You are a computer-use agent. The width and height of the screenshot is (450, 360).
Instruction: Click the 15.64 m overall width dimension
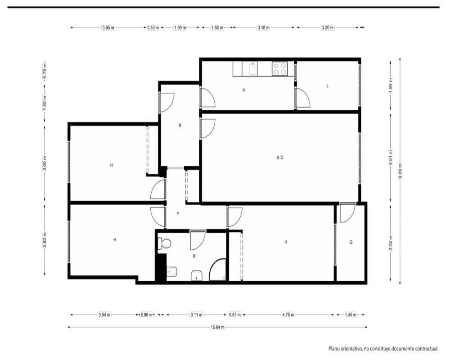pyautogui.click(x=217, y=327)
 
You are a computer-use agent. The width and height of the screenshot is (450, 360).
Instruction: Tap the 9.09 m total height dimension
pyautogui.click(x=400, y=171)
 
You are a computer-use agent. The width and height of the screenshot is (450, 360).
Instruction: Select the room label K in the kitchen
pyautogui.click(x=244, y=90)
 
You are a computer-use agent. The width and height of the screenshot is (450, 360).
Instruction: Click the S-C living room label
pyautogui.click(x=280, y=157)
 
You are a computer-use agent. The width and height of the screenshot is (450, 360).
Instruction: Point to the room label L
pyautogui.click(x=328, y=85)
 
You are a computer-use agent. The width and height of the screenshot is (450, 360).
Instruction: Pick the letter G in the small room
pyautogui.click(x=351, y=242)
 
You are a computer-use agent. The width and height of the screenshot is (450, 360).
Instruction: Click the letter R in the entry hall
pyautogui.click(x=180, y=126)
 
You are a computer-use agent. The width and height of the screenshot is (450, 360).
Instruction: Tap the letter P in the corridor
pyautogui.click(x=178, y=214)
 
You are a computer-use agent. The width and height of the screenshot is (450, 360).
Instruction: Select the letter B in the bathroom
pyautogui.click(x=194, y=256)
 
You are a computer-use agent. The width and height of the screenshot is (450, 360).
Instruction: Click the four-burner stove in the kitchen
pyautogui.click(x=279, y=68)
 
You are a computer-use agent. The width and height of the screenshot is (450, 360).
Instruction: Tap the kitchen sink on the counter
pyautogui.click(x=253, y=69)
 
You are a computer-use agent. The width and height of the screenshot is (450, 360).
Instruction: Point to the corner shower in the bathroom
pyautogui.click(x=218, y=269)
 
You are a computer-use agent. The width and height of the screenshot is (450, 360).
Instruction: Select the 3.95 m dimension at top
pyautogui.click(x=108, y=28)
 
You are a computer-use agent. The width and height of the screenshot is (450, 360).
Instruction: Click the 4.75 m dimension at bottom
pyautogui.click(x=288, y=315)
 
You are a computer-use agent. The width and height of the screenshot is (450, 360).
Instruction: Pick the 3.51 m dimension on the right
pyautogui.click(x=390, y=157)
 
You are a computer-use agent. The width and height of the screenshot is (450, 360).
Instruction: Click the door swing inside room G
pyautogui.click(x=347, y=213)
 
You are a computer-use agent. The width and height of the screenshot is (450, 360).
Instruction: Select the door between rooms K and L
pyautogui.click(x=303, y=98)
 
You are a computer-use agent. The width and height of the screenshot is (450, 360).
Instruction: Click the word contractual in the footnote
pyautogui.click(x=426, y=349)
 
